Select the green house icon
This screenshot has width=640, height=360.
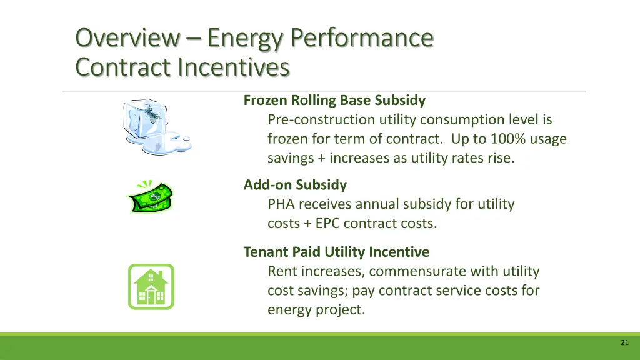(151, 286)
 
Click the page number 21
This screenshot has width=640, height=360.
(624, 342)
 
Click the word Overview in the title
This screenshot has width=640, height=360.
(127, 38)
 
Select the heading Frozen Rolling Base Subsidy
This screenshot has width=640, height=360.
(334, 100)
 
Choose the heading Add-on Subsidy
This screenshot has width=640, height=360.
(295, 185)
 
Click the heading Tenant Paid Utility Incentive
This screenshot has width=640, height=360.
(336, 252)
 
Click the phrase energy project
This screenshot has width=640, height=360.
(316, 310)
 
